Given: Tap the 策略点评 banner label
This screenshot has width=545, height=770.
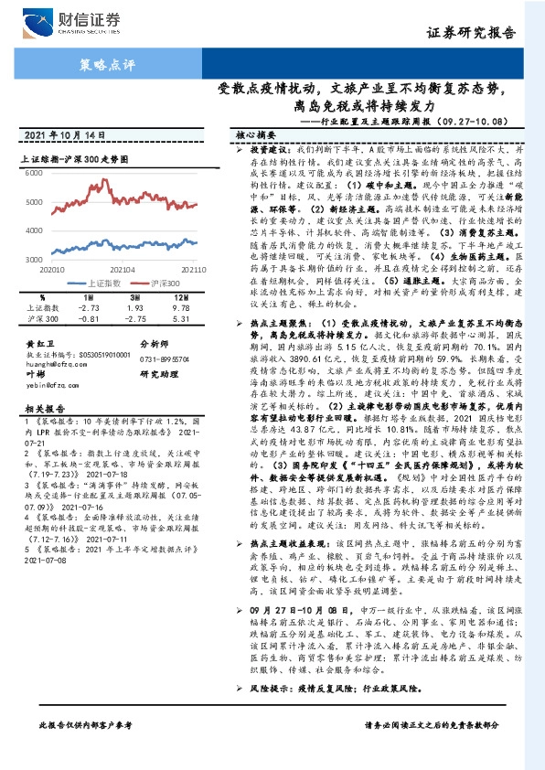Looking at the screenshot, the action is point(107,66).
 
